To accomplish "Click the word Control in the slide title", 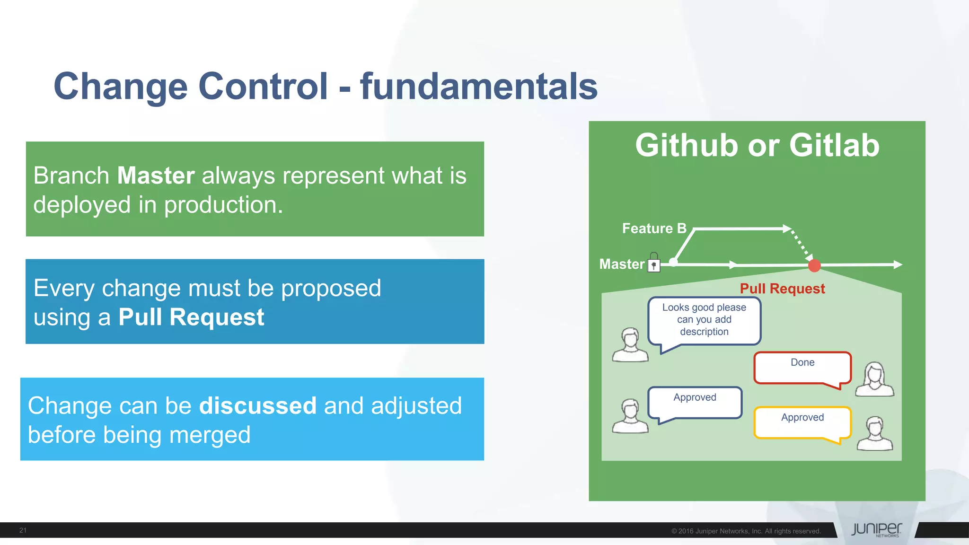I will (x=263, y=86).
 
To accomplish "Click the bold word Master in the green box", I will (x=156, y=176).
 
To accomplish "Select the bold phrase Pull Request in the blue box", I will (x=191, y=317).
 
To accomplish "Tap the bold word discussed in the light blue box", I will (x=258, y=406).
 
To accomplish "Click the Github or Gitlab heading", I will (x=757, y=145).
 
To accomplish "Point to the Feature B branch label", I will (x=654, y=229).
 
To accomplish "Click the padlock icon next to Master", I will (x=654, y=263).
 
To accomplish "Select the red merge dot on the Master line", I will (x=814, y=265).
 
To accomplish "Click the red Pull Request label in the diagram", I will (x=782, y=289).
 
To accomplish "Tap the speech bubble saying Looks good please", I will (x=704, y=320).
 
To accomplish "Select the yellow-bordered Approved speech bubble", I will (x=802, y=422).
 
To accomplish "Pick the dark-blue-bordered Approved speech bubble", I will (x=695, y=402).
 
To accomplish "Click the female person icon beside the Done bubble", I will (x=874, y=379).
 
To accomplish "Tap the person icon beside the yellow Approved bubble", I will (x=875, y=434).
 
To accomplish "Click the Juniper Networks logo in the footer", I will (x=876, y=529).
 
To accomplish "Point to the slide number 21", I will (x=23, y=530).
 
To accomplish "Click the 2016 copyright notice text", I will (x=746, y=531).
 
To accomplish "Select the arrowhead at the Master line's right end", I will (x=897, y=265).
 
